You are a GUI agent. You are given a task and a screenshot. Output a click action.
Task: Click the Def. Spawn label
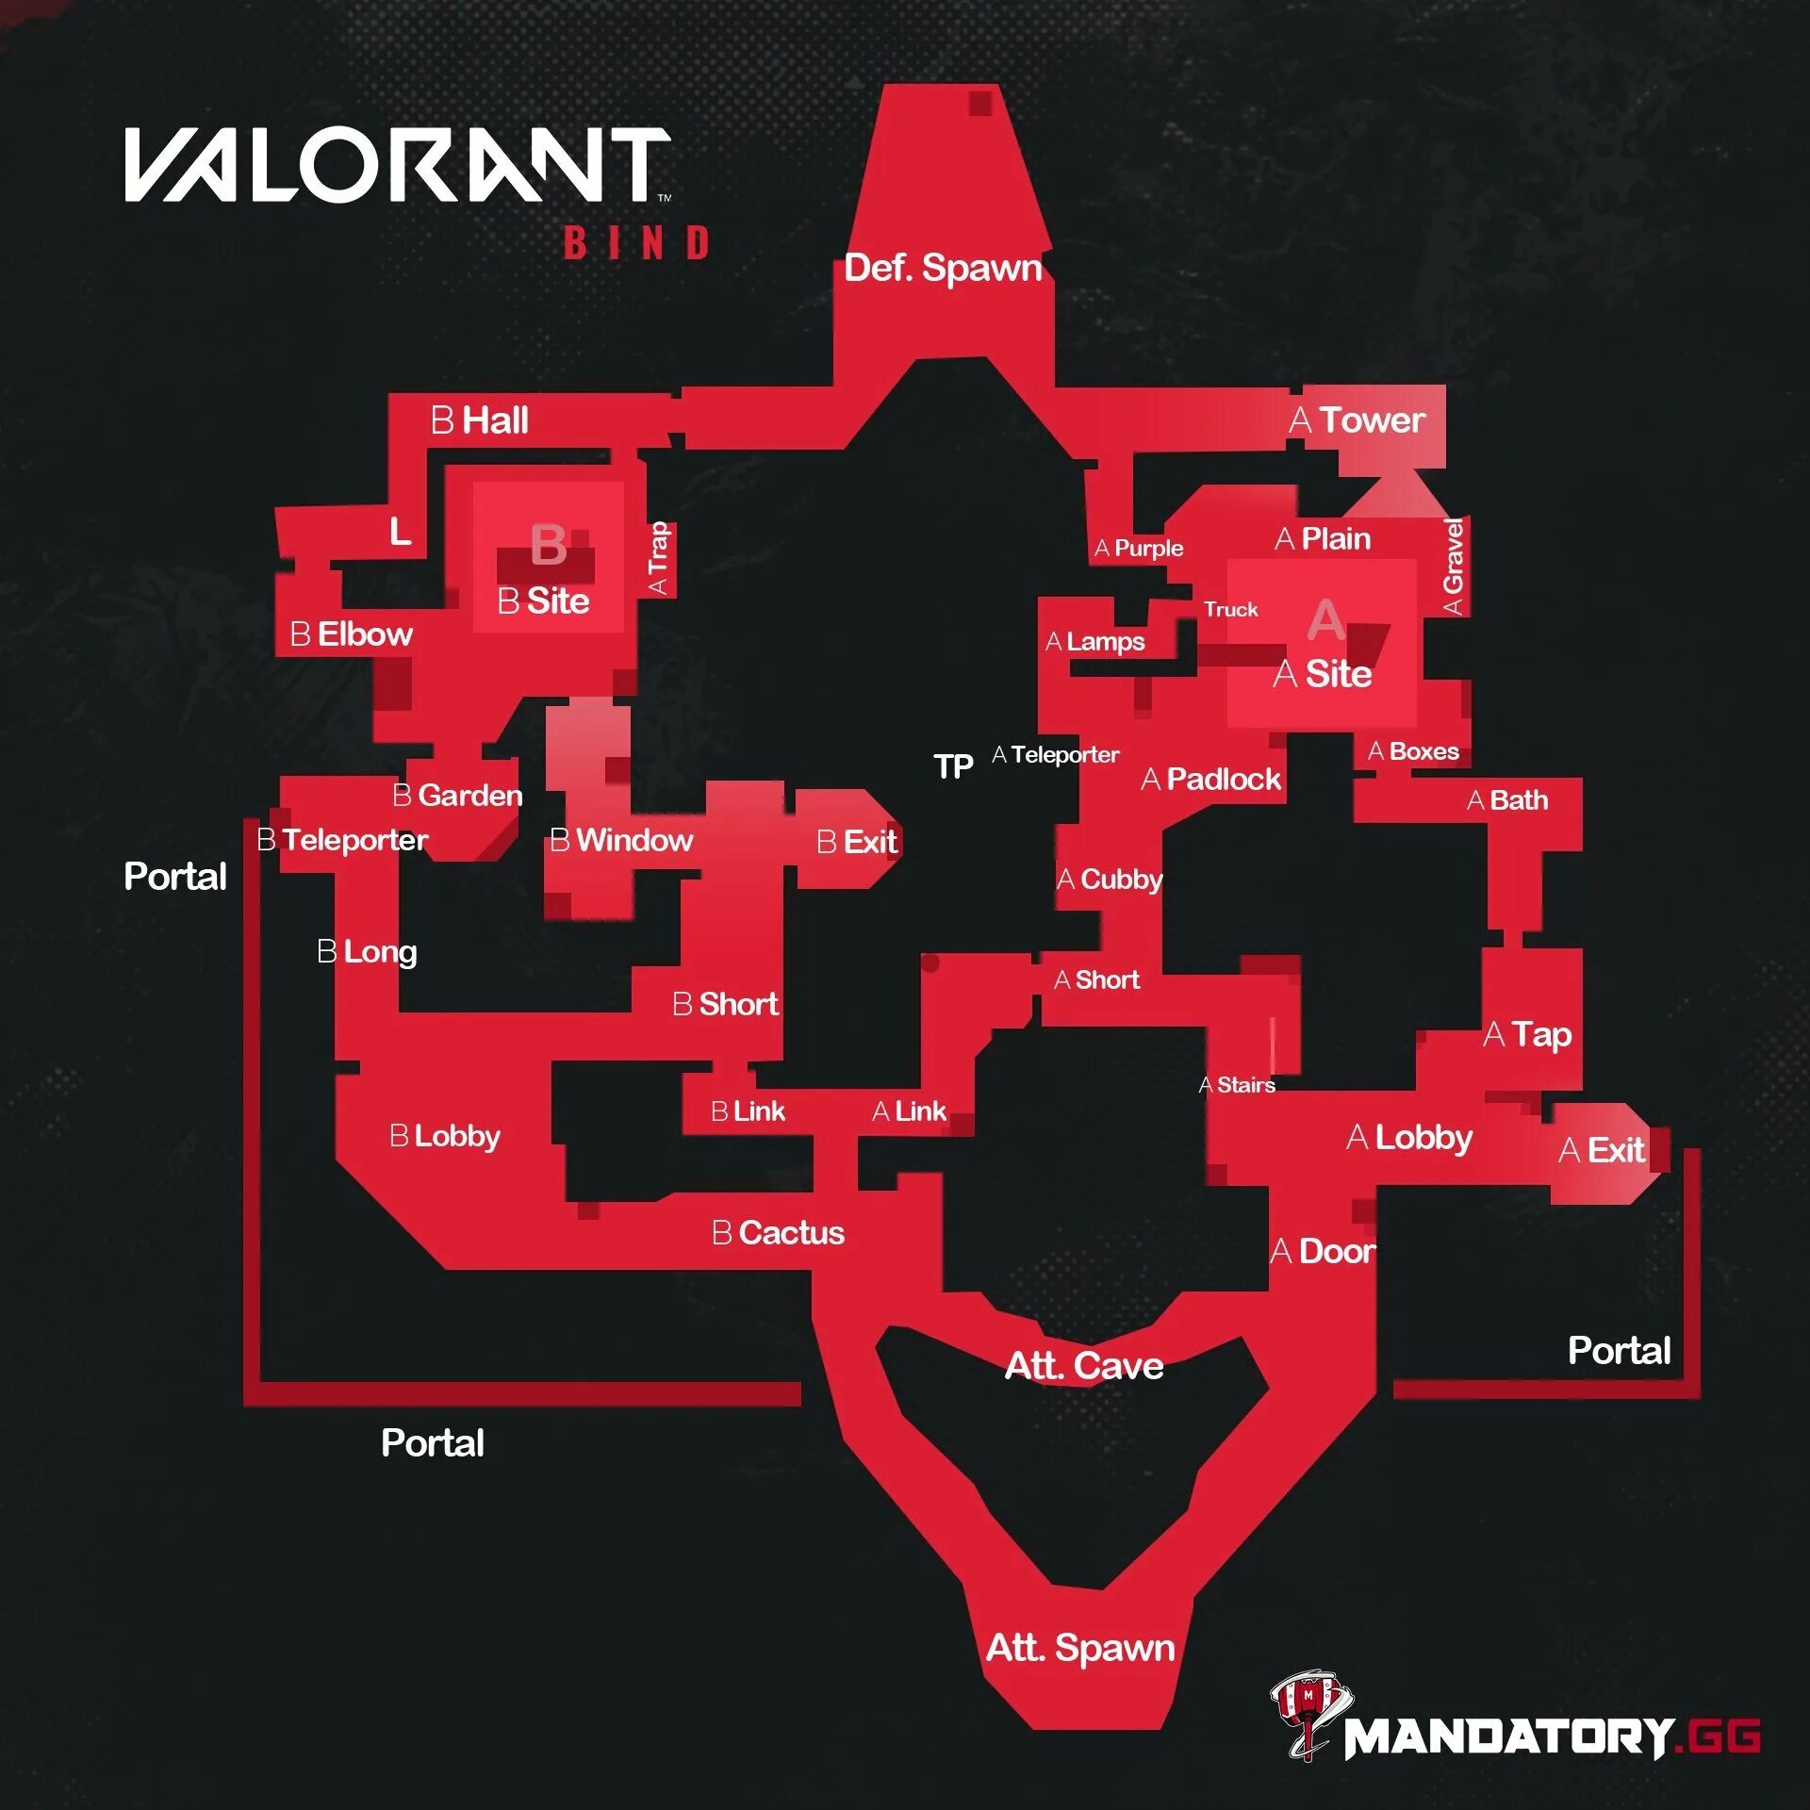point(943,268)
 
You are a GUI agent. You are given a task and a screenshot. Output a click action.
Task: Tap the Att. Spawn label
point(1080,1648)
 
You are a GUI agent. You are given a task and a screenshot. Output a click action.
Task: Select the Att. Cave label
point(1084,1366)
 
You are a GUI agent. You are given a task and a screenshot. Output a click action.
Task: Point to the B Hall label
point(480,420)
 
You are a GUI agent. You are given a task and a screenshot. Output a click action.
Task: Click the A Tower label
point(1357,420)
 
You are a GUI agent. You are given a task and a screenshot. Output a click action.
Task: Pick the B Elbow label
point(352,634)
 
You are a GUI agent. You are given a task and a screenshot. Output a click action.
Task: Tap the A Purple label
point(1139,549)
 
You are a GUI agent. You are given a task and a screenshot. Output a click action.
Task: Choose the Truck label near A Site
point(1230,609)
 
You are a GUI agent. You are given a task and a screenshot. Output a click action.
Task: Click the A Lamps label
point(1095,642)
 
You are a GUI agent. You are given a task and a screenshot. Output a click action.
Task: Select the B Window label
point(621,840)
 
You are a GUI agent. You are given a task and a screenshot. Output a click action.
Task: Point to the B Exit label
point(857,842)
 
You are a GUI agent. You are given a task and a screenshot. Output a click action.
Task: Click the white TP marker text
point(953,766)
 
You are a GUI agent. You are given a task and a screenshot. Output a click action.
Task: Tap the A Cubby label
point(1110,880)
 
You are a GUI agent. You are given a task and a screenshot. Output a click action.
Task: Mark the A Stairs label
point(1237,1085)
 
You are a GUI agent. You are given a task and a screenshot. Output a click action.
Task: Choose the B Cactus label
point(778,1233)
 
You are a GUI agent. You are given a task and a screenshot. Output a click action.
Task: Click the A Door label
point(1323,1252)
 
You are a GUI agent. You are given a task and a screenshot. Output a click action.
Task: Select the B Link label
point(748,1111)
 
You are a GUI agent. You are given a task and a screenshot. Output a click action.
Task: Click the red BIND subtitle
point(636,243)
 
